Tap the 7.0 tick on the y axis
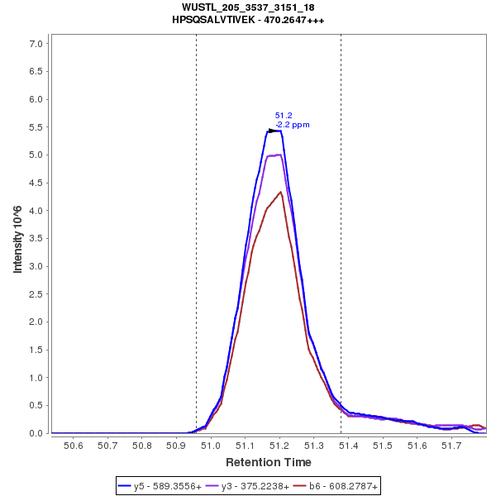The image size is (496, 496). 36,43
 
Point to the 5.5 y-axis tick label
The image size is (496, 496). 36,127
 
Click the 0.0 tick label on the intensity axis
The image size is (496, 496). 36,433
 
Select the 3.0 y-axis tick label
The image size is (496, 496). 36,266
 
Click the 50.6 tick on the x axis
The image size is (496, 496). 74,446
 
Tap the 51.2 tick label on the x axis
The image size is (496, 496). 279,446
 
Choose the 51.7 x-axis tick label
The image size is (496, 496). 451,446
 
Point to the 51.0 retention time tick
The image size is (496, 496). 211,446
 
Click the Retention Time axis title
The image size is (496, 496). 268,462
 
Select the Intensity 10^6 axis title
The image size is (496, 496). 18,238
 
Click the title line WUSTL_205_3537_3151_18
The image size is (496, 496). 248,7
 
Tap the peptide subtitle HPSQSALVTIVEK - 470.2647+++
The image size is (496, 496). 248,19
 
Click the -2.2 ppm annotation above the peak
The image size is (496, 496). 293,125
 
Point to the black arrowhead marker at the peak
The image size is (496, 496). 273,131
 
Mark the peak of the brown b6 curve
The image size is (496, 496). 281,192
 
